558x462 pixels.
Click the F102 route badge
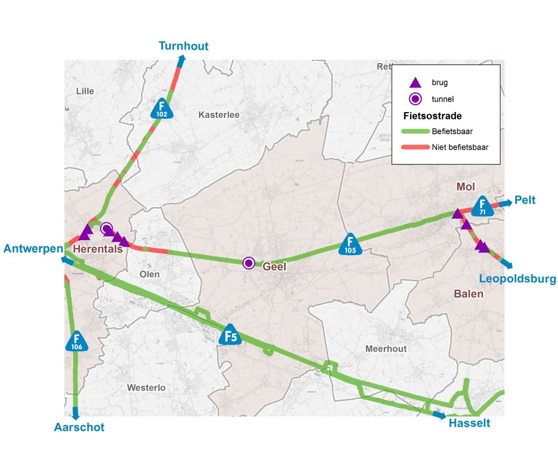click(x=162, y=109)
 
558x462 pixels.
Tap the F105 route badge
click(x=350, y=245)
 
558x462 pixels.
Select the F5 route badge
click(x=230, y=335)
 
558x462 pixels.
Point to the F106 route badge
click(x=77, y=341)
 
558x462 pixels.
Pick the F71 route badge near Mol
click(x=482, y=207)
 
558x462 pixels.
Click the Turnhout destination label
click(x=184, y=46)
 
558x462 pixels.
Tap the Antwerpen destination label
click(x=34, y=249)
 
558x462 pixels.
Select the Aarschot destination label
click(x=79, y=427)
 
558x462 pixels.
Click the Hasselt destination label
click(x=470, y=423)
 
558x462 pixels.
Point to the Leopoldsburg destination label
click(x=517, y=279)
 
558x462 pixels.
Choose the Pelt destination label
click(x=525, y=200)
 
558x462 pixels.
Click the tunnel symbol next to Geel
click(x=249, y=263)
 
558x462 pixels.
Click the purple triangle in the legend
click(x=415, y=82)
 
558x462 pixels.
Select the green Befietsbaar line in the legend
click(x=415, y=132)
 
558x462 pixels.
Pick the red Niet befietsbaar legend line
click(x=415, y=147)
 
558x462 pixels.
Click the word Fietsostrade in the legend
click(x=432, y=116)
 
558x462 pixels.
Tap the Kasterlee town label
click(x=219, y=115)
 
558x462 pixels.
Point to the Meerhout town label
click(x=386, y=349)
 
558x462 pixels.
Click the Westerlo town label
click(x=146, y=388)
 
